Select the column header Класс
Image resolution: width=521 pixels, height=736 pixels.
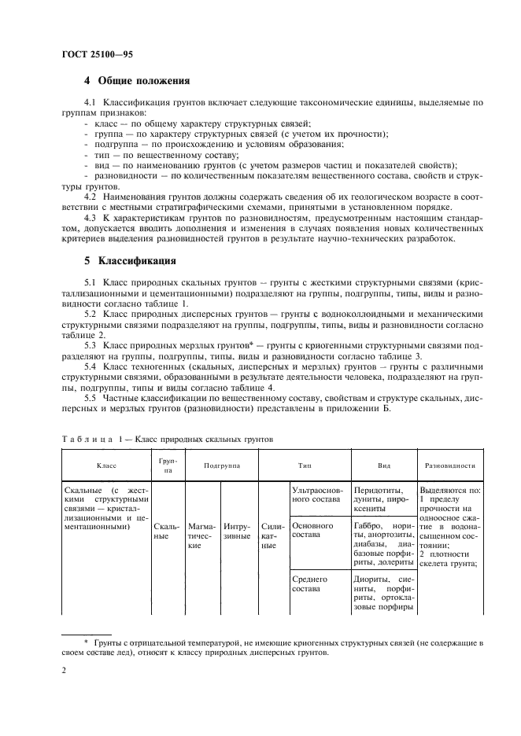(x=106, y=466)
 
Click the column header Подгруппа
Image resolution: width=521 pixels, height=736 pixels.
(x=221, y=466)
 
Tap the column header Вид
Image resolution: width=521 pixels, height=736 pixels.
(x=383, y=466)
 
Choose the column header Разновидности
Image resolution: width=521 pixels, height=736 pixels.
(x=449, y=466)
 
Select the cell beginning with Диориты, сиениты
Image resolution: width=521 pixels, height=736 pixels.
(x=383, y=594)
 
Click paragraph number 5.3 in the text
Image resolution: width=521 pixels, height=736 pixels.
(x=91, y=344)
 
